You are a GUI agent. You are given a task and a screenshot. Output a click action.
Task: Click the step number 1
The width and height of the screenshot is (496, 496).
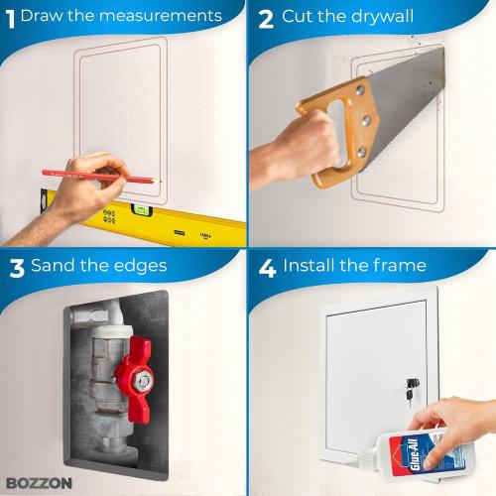point(9,16)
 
